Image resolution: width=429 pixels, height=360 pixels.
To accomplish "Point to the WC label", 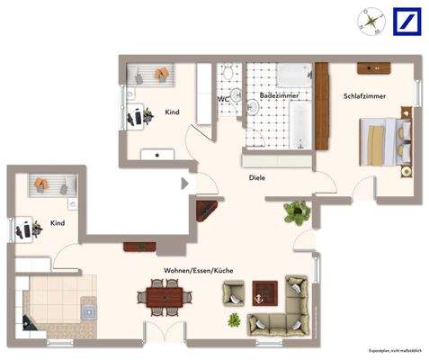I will (223, 99).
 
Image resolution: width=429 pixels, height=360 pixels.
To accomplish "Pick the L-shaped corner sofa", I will (286, 310).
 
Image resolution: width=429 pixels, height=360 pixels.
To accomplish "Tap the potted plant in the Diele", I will (294, 213).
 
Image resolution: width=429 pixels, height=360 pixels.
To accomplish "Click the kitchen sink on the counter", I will (88, 310).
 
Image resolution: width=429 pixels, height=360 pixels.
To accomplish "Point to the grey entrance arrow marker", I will (185, 184).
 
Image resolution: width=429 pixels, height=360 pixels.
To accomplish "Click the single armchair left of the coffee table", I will (235, 291).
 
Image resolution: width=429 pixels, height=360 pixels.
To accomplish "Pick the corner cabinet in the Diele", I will (208, 211).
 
